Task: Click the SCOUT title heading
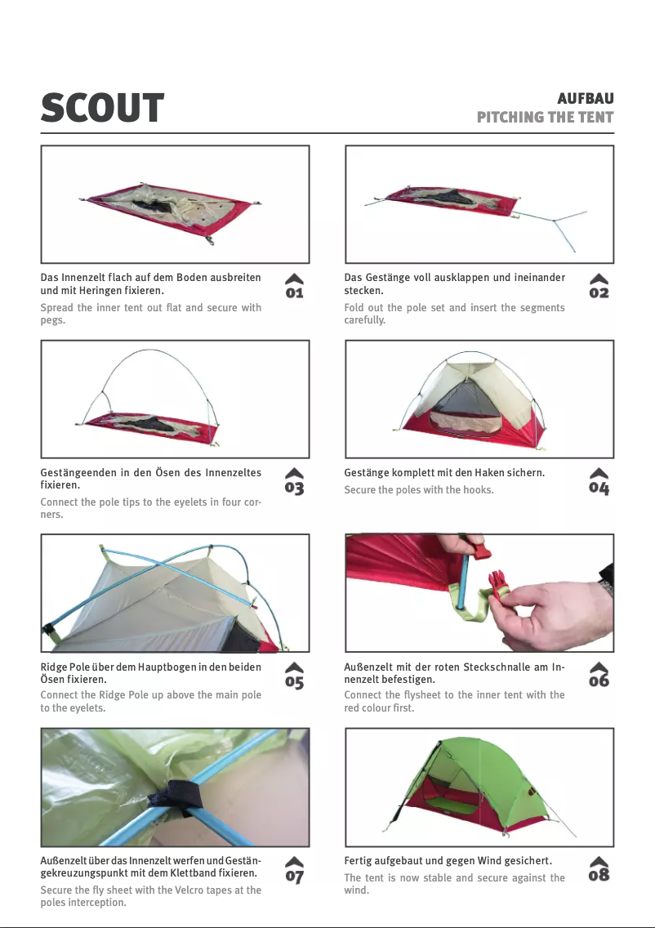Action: pos(102,108)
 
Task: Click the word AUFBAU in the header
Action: pos(586,98)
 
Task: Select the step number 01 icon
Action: pos(294,286)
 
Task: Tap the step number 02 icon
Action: pos(599,286)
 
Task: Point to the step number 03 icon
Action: pos(294,481)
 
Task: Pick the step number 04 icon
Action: pos(599,481)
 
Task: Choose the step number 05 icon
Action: pos(294,676)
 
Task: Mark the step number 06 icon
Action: pos(599,675)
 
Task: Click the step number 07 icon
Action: pos(294,870)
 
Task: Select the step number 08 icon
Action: pos(599,869)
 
